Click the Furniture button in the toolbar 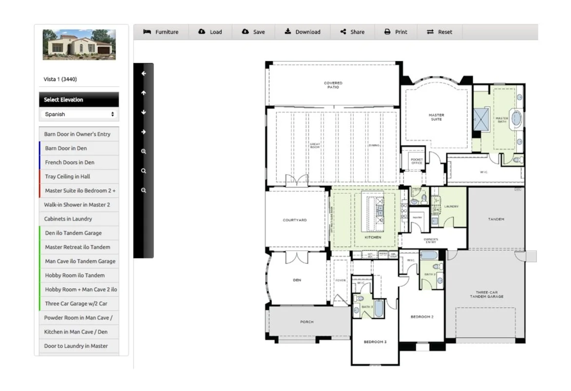click(161, 32)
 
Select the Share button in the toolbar click(352, 32)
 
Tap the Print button click(396, 32)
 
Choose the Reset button click(439, 32)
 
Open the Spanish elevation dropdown click(79, 114)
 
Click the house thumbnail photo click(79, 45)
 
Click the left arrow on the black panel click(144, 74)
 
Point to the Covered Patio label click(333, 85)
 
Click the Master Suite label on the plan click(436, 117)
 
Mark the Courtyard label click(295, 221)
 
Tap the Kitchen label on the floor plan click(373, 238)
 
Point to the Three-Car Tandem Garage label click(486, 295)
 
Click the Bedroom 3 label click(375, 342)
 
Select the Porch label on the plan click(307, 322)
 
